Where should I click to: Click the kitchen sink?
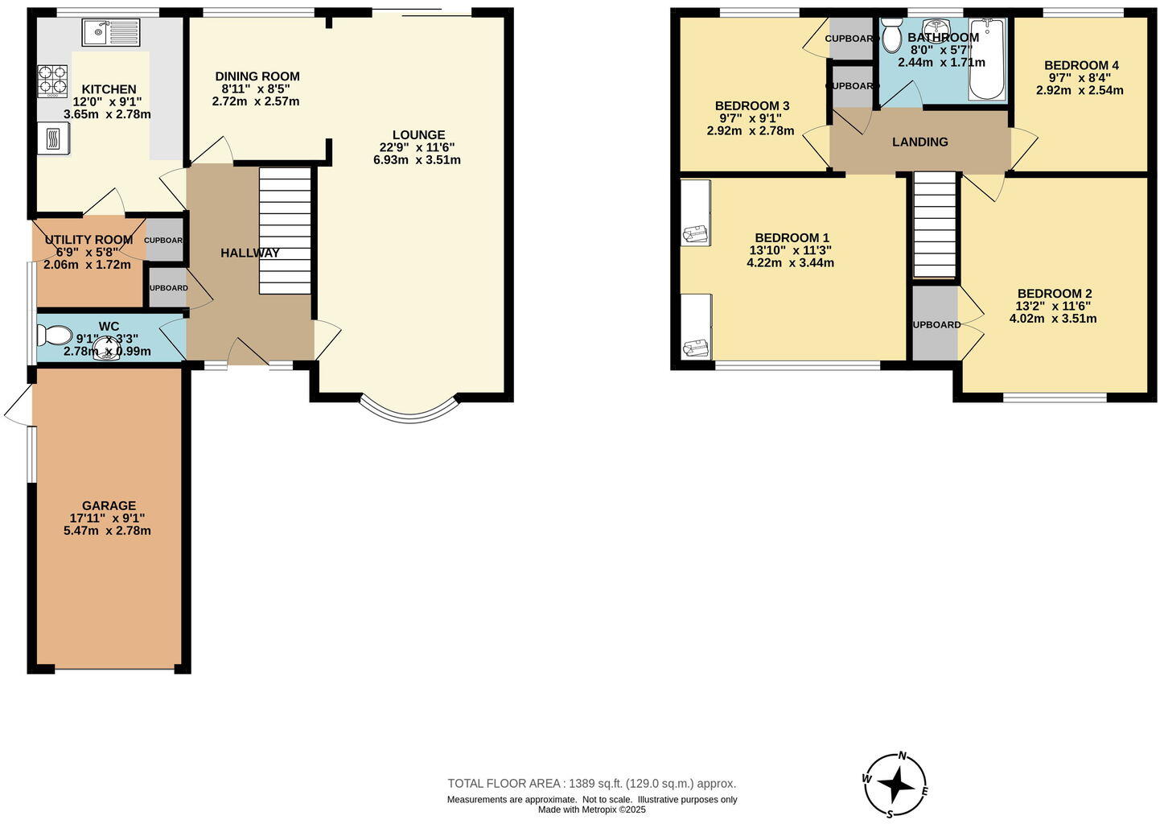tap(110, 33)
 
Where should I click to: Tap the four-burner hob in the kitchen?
tap(52, 80)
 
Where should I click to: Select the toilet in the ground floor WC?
tap(55, 334)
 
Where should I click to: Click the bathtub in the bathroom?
tap(987, 60)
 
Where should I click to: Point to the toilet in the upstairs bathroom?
tap(891, 35)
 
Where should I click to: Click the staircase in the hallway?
tap(285, 231)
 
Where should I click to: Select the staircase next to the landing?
tap(935, 225)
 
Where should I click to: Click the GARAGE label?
tap(109, 505)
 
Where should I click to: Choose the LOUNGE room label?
tap(418, 135)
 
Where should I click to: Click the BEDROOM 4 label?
tap(1080, 65)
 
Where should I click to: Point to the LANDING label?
tap(919, 142)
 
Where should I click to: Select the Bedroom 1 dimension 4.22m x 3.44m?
tap(790, 262)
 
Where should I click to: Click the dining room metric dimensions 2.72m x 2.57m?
tap(256, 101)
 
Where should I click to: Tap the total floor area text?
tap(591, 783)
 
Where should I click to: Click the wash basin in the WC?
tap(105, 348)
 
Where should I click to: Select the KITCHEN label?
tap(109, 89)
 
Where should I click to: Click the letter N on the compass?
tap(903, 756)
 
